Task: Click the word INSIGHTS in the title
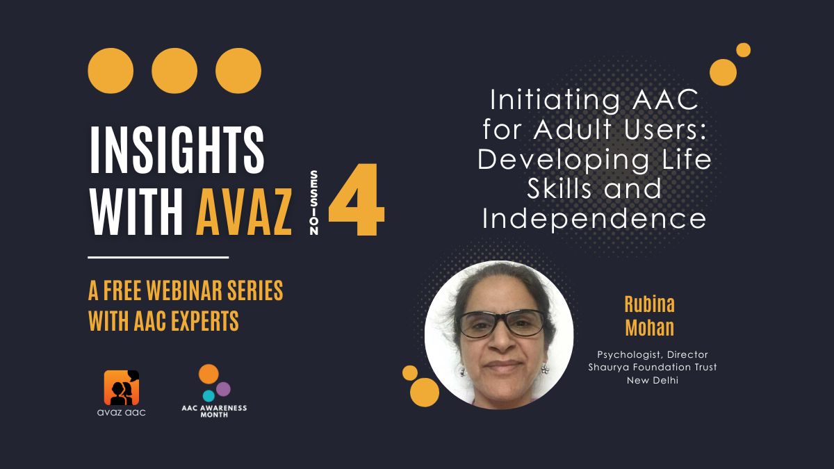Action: pos(177,149)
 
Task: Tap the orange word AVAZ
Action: pos(244,211)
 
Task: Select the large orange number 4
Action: pos(357,199)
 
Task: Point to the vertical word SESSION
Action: pos(314,202)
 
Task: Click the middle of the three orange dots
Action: pos(174,71)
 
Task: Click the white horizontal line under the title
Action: pos(158,257)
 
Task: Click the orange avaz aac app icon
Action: pos(122,388)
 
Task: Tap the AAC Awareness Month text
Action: pos(214,411)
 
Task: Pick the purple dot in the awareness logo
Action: pos(223,389)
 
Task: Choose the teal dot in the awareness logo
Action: pos(208,395)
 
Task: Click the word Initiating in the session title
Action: pos(555,100)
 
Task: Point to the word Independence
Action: pos(594,219)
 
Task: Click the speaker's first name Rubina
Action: pos(649,304)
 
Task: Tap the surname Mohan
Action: pos(649,327)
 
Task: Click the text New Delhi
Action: pos(653,381)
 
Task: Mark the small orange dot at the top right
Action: pos(743,50)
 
